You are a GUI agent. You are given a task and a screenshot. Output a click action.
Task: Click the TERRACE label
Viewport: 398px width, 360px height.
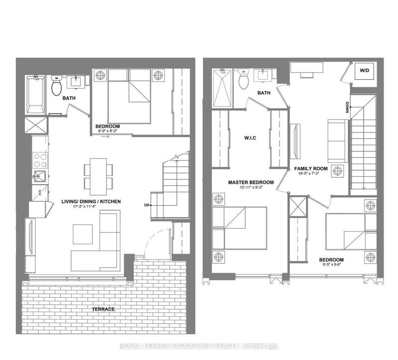point(103,309)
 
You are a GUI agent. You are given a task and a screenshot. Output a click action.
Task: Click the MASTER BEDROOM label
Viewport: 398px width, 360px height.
point(249,182)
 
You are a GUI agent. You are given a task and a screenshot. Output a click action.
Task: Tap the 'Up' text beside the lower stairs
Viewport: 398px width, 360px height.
point(147,205)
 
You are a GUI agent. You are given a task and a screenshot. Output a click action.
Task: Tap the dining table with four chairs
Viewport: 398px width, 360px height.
point(95,173)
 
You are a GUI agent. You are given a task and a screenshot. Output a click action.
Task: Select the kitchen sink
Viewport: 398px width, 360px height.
point(38,176)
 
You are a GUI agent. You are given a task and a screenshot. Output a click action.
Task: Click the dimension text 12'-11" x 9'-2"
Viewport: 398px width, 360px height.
point(249,188)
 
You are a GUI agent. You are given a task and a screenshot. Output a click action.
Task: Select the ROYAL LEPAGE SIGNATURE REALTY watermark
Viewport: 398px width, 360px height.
point(199,346)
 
